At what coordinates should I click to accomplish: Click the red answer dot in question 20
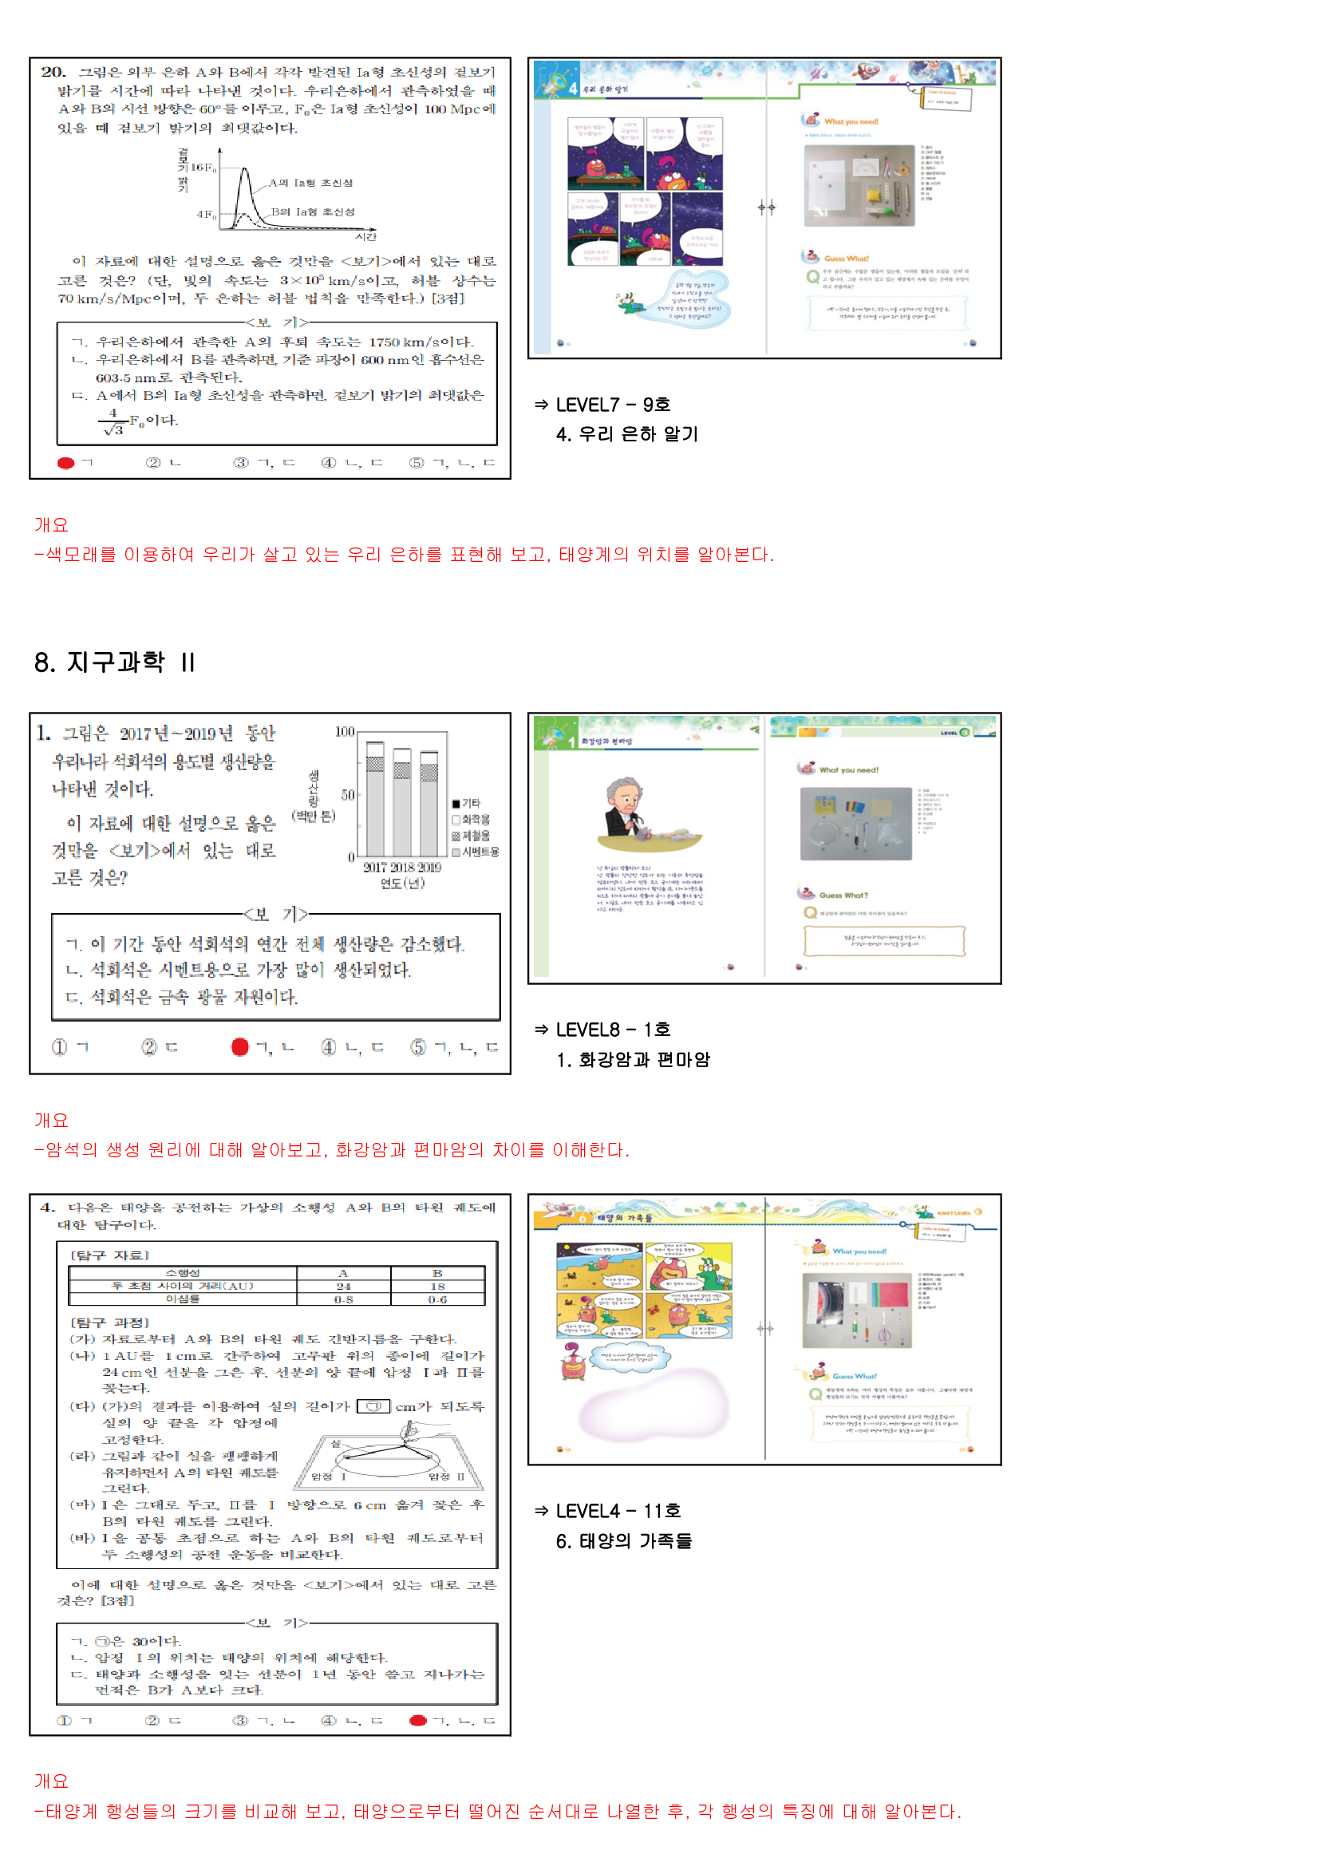click(65, 462)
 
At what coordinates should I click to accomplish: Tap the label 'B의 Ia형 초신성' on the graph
click(313, 212)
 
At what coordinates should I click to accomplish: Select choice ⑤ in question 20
click(416, 462)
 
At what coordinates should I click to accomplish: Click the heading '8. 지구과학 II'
click(115, 662)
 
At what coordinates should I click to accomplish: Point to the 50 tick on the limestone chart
click(347, 794)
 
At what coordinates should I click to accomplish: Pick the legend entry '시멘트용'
click(475, 852)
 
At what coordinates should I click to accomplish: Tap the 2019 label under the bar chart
click(428, 868)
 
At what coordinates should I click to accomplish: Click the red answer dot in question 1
click(239, 1047)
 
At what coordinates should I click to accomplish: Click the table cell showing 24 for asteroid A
click(343, 1287)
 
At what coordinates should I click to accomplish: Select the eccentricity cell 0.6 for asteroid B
click(437, 1299)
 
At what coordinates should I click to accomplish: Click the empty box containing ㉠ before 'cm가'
click(373, 1406)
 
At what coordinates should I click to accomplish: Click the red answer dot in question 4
click(418, 1720)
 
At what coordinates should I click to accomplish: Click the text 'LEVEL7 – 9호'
click(613, 404)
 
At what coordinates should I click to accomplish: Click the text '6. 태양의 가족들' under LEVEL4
click(623, 1540)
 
